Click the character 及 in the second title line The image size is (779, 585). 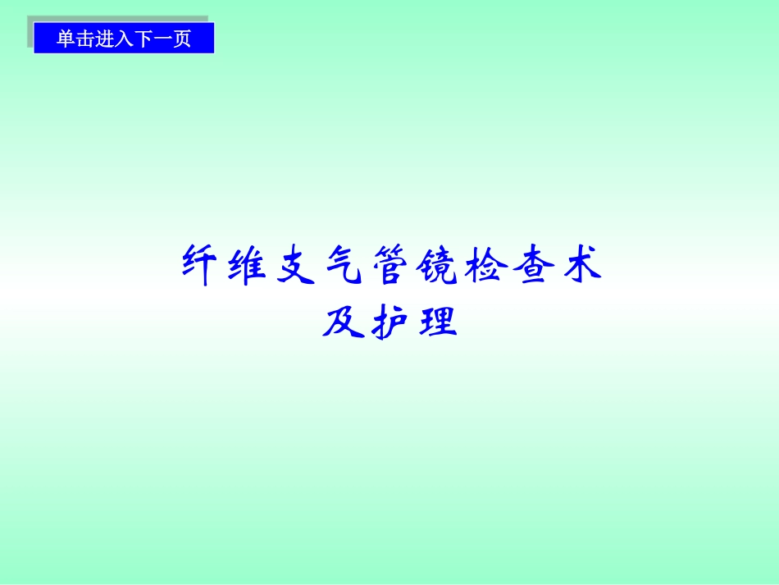click(342, 322)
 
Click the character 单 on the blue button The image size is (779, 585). click(66, 39)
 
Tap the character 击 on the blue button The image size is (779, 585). click(84, 39)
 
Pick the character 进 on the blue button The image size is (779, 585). click(104, 39)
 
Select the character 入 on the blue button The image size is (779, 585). click(123, 39)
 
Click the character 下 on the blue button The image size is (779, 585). click(143, 39)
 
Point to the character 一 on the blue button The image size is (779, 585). click(162, 39)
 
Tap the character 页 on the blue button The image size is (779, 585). click(181, 39)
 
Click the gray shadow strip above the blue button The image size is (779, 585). click(119, 19)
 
